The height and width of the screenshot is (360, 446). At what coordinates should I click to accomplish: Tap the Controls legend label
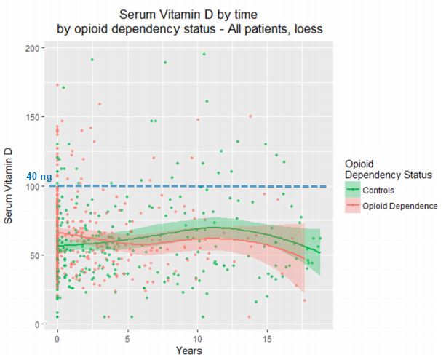tap(385, 191)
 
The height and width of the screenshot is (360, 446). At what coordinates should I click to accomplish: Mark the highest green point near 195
tap(204, 54)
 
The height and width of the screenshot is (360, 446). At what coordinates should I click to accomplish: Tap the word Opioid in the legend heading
tap(361, 163)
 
